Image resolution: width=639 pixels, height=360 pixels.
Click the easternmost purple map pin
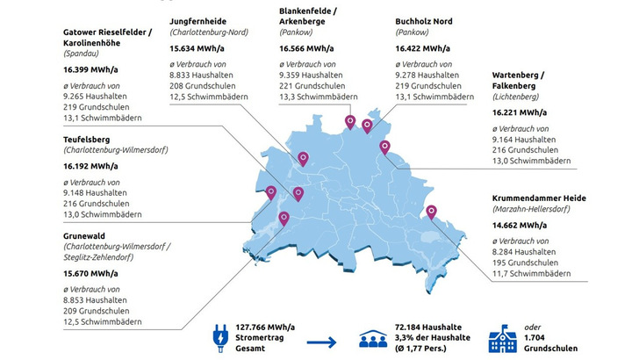coord(431,212)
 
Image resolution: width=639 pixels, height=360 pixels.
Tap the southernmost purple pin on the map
coord(284,218)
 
